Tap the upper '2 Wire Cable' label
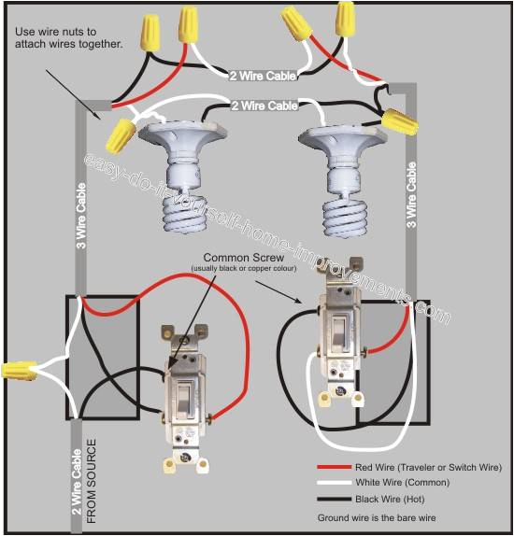[x=264, y=74]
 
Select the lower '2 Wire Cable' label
[x=264, y=106]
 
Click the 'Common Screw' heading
[x=240, y=259]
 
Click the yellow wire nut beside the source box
[x=18, y=370]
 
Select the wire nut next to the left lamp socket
[x=120, y=136]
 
